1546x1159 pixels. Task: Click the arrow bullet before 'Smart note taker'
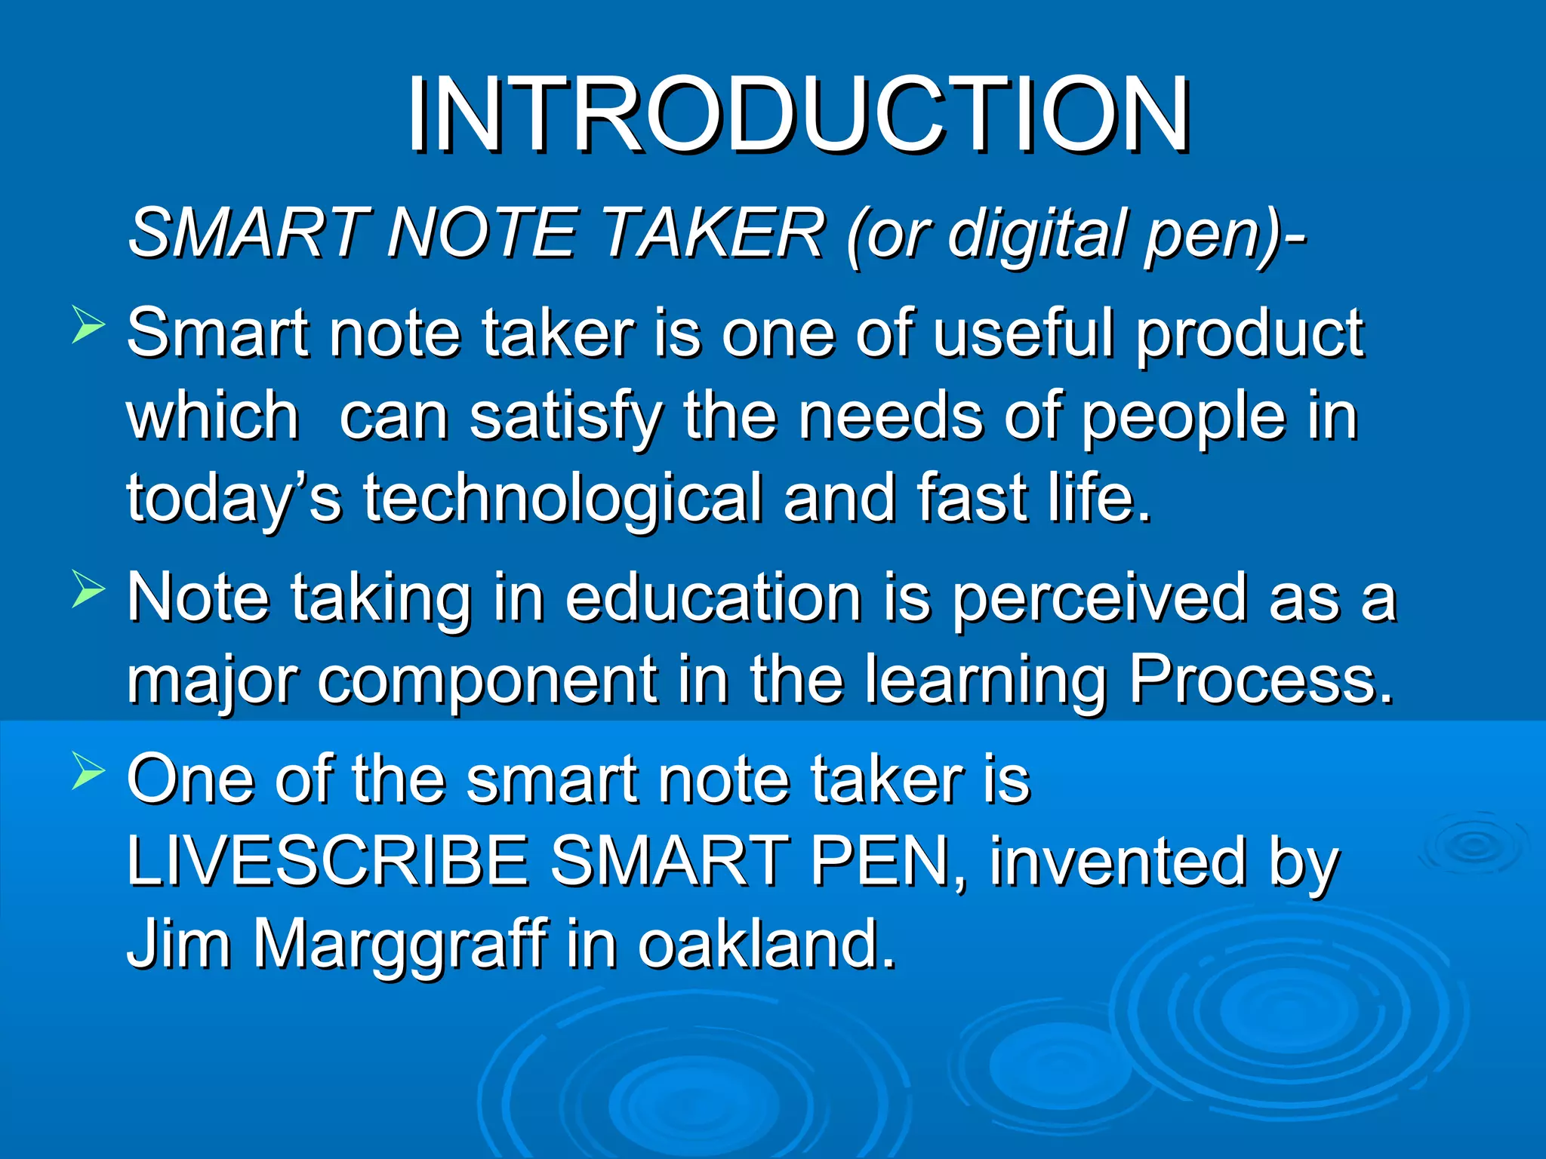[88, 325]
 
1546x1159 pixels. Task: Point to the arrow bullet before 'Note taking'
[88, 589]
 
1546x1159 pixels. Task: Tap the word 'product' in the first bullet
[1250, 335]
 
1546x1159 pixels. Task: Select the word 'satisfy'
[566, 418]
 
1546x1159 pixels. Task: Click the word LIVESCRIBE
[328, 862]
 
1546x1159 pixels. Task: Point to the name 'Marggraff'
[400, 946]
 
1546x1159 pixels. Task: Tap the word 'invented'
[1117, 862]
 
